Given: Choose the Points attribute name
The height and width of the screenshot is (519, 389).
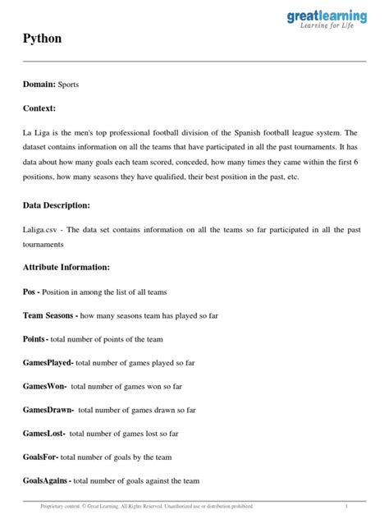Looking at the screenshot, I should coord(35,339).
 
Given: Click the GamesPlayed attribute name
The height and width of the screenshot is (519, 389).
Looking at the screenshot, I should coord(48,362).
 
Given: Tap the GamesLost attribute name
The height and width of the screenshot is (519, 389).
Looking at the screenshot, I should coord(44,433).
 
